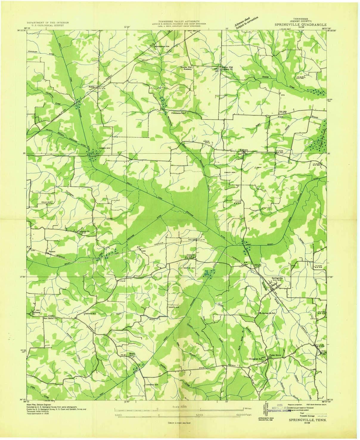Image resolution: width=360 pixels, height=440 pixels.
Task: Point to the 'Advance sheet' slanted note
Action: [242, 21]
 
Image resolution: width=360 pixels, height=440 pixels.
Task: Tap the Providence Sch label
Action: [178, 113]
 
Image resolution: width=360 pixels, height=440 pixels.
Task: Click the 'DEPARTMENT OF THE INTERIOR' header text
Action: [48, 22]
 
